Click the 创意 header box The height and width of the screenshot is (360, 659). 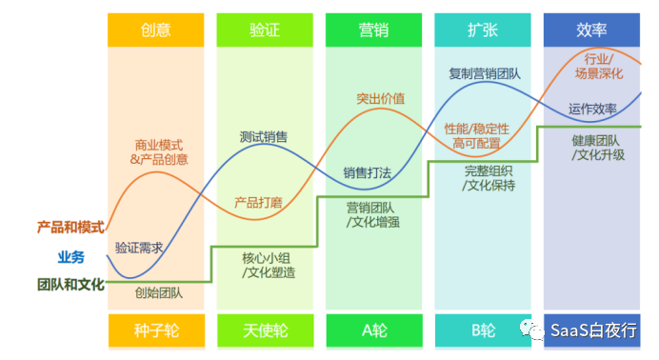155,30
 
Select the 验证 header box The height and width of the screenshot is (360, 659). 264,30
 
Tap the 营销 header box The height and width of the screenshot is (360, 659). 373,30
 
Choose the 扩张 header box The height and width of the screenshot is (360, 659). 482,30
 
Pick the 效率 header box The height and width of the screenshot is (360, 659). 591,30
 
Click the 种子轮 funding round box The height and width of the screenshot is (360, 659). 155,330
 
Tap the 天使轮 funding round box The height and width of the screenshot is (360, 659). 264,330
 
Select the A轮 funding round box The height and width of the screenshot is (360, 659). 373,330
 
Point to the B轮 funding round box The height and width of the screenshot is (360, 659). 482,330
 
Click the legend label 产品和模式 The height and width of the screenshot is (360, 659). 70,227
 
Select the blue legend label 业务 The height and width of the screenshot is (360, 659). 70,256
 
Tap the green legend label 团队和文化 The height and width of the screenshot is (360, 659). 70,284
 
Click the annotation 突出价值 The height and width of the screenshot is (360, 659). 380,98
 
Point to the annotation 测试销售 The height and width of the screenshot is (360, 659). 264,136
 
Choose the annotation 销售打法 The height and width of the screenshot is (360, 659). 367,172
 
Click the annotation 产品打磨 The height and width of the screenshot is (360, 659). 258,202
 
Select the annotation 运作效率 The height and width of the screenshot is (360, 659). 592,108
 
